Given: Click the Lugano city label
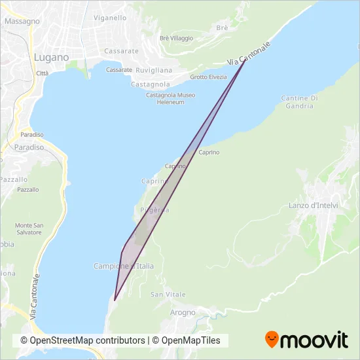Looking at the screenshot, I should (51, 58).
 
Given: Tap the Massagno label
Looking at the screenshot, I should (22, 21).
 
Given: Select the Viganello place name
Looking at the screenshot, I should (110, 18).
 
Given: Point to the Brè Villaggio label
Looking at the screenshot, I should (177, 38).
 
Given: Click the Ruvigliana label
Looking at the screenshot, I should (155, 70).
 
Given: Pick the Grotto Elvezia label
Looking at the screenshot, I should (208, 77).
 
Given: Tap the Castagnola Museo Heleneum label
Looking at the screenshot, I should (170, 99).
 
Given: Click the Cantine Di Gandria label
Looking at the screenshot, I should (299, 102).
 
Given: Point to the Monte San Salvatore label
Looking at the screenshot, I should (29, 229).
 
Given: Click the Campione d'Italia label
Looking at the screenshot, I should (124, 266).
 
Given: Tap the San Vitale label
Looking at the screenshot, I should (168, 295).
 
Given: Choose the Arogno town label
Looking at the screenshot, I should (183, 313).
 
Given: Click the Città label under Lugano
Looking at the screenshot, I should (43, 73).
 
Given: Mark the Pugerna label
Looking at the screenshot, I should (155, 210).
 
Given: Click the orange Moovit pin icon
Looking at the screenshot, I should (272, 339).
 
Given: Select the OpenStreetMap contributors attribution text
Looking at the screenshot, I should (82, 340).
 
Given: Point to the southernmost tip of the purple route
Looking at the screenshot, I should (115, 300).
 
